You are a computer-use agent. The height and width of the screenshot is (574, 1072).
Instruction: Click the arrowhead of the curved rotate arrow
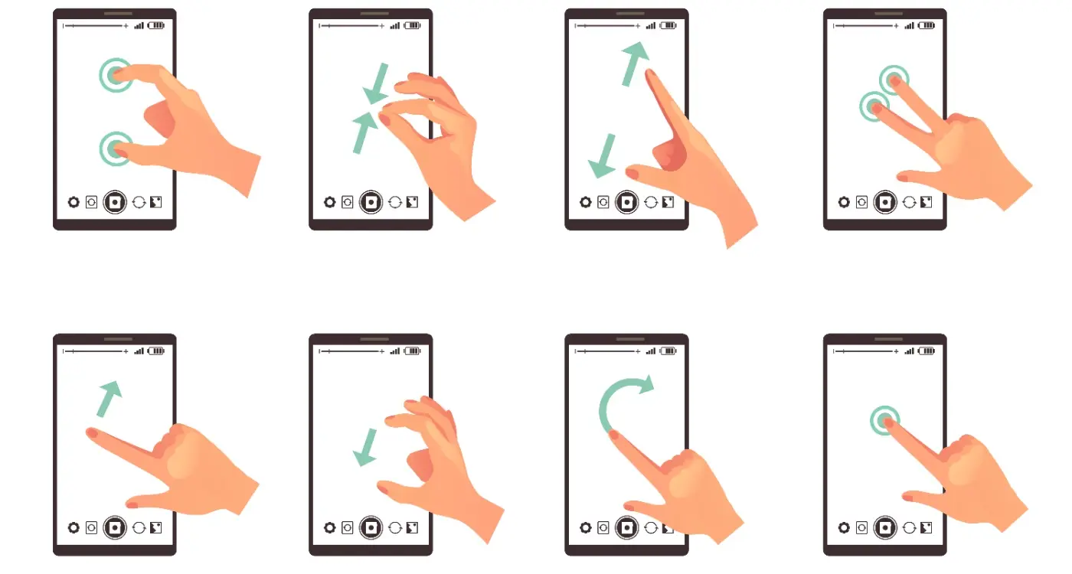[x=645, y=383]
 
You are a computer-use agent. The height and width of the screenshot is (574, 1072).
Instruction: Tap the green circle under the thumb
[x=115, y=148]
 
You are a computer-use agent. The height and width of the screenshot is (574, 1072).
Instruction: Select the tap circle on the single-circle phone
[x=885, y=419]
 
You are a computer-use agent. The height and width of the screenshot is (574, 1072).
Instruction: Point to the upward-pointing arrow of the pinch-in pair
[x=364, y=132]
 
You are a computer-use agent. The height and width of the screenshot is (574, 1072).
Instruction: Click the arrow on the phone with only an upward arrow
[x=109, y=397]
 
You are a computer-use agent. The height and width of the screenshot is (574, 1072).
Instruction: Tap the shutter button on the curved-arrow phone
[x=626, y=527]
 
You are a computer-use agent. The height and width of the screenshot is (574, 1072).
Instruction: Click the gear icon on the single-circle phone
[x=844, y=527]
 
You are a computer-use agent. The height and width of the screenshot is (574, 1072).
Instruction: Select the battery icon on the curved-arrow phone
[x=668, y=351]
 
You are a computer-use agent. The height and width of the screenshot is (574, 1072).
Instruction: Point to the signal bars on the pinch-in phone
[x=394, y=25]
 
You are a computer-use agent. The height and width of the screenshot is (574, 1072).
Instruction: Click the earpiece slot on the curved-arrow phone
[x=626, y=338]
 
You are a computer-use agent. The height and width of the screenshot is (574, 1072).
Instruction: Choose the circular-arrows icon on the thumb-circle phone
[x=139, y=202]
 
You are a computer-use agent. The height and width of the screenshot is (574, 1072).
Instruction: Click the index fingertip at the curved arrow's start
[x=613, y=434]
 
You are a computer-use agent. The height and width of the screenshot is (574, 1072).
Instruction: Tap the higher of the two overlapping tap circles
[x=894, y=78]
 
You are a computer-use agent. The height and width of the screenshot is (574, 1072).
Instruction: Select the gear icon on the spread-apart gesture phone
[x=586, y=202]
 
